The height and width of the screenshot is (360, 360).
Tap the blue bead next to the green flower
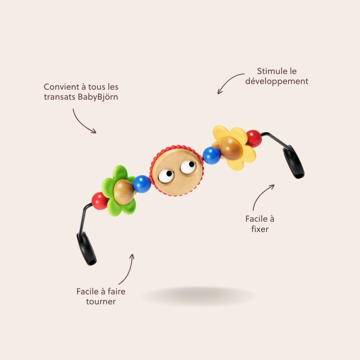tap(142, 184)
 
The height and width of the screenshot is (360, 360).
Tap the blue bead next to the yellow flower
tap(212, 155)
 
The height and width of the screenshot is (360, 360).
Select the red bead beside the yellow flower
tap(254, 138)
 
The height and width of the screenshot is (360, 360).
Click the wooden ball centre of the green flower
tap(123, 192)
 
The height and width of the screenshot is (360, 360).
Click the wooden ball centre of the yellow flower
tap(231, 148)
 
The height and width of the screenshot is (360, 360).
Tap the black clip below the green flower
tap(86, 248)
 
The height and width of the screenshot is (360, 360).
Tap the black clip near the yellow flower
tap(294, 162)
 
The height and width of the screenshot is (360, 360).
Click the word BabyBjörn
tap(98, 97)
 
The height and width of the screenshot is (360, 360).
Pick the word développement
tap(276, 81)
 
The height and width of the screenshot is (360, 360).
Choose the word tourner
tap(101, 301)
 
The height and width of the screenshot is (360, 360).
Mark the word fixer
tap(260, 229)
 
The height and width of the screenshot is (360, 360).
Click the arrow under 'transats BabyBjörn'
tap(81, 124)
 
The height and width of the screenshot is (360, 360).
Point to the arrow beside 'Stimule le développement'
tap(228, 81)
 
